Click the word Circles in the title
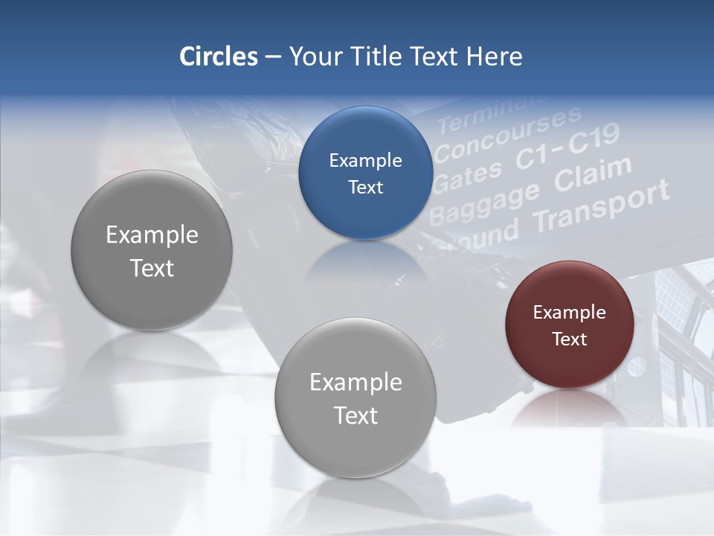(x=219, y=57)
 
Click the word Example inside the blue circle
(x=365, y=161)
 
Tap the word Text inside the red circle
(x=570, y=339)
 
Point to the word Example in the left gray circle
(x=152, y=235)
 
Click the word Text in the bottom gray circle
(x=356, y=415)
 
